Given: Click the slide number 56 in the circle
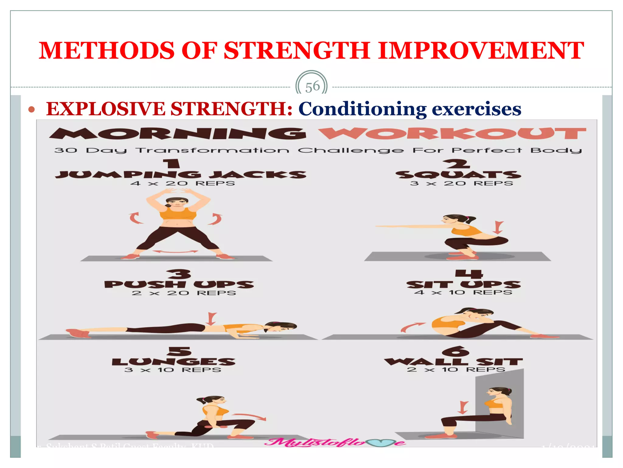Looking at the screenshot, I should tap(312, 87).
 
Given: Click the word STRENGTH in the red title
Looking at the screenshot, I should tap(296, 51).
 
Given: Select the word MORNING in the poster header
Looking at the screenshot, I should tap(178, 133).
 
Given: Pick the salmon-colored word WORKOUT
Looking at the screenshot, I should tap(452, 133).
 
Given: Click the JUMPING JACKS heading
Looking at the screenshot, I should tap(181, 175).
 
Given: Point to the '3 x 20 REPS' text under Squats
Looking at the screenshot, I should tap(461, 183).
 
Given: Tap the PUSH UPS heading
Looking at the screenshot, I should tap(179, 284).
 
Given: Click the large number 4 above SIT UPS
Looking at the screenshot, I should tap(469, 274).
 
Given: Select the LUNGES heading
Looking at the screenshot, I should tap(173, 362).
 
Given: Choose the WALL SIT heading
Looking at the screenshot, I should tap(453, 362).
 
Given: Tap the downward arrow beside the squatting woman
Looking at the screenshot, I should tap(498, 227).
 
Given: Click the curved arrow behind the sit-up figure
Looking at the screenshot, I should tap(411, 327).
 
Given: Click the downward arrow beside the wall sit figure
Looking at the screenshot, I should tap(463, 407).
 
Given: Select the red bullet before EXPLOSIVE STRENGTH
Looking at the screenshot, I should tap(32, 109).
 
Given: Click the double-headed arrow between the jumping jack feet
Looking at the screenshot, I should tap(175, 252).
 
